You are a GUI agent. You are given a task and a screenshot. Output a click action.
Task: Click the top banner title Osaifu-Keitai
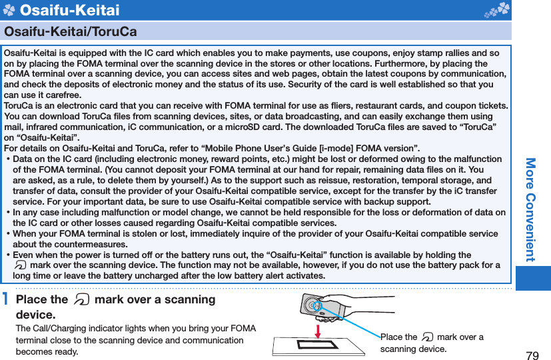(x=70, y=10)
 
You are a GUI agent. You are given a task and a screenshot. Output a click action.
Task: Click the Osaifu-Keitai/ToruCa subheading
(x=71, y=31)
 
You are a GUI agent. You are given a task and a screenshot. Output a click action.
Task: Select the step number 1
(x=6, y=300)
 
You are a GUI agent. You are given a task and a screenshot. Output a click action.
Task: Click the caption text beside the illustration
(x=432, y=343)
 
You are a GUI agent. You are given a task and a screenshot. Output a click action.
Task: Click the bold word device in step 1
(x=35, y=314)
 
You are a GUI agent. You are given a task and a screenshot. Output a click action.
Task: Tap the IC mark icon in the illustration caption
(x=427, y=337)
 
